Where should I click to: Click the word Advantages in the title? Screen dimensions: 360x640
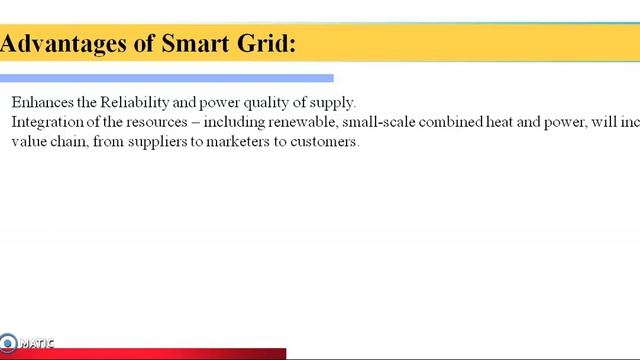[60, 45]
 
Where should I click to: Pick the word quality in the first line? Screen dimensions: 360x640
[256, 102]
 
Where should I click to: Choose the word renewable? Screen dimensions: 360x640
[291, 122]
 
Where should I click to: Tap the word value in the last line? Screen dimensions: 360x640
[28, 142]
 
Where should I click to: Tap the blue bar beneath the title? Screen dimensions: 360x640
[166, 77]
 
